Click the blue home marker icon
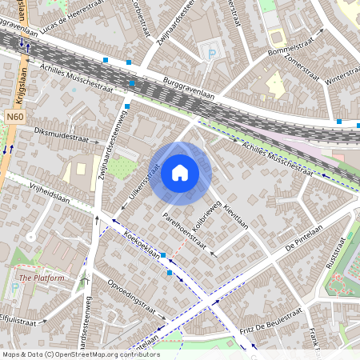[180, 172]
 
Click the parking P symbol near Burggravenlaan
[212, 54]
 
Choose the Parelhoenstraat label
[185, 233]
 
